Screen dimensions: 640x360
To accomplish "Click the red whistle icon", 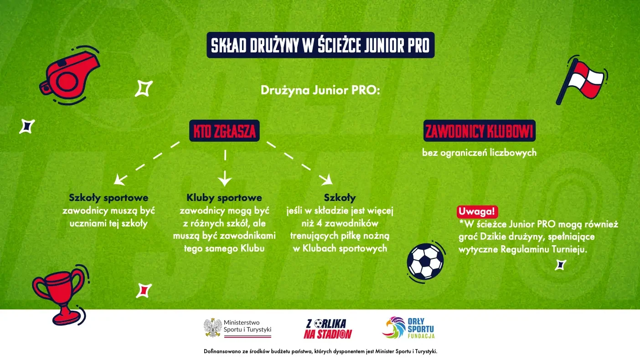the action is [68, 76].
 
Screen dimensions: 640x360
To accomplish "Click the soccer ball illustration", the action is [426, 262].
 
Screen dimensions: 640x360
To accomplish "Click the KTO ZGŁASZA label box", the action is [224, 131].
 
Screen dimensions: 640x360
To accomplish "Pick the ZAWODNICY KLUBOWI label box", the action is [479, 131].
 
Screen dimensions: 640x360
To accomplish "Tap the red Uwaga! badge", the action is [477, 212].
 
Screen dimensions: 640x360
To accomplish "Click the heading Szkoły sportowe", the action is [108, 198].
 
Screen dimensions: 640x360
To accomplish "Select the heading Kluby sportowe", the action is [224, 198].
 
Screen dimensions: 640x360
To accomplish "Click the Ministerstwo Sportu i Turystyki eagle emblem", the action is [212, 328].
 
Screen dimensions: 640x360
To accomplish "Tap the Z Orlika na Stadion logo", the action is [328, 329].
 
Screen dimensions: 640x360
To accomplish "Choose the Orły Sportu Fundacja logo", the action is [408, 328].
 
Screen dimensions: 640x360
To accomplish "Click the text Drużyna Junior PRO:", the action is [320, 91].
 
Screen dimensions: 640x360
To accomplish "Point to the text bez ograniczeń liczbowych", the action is [479, 153].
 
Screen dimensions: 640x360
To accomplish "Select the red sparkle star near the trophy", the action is [144, 291].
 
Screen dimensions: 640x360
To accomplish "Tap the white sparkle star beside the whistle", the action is [144, 88].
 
